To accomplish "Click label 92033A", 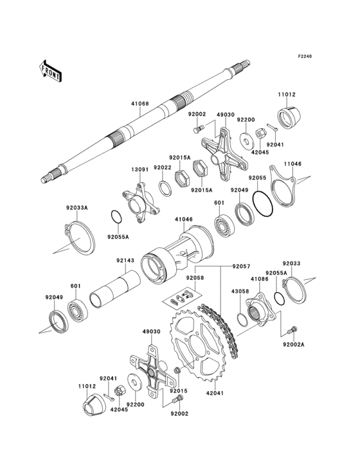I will pyautogui.click(x=77, y=208).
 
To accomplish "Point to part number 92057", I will pyautogui.click(x=223, y=266).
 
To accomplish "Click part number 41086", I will pyautogui.click(x=260, y=279).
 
